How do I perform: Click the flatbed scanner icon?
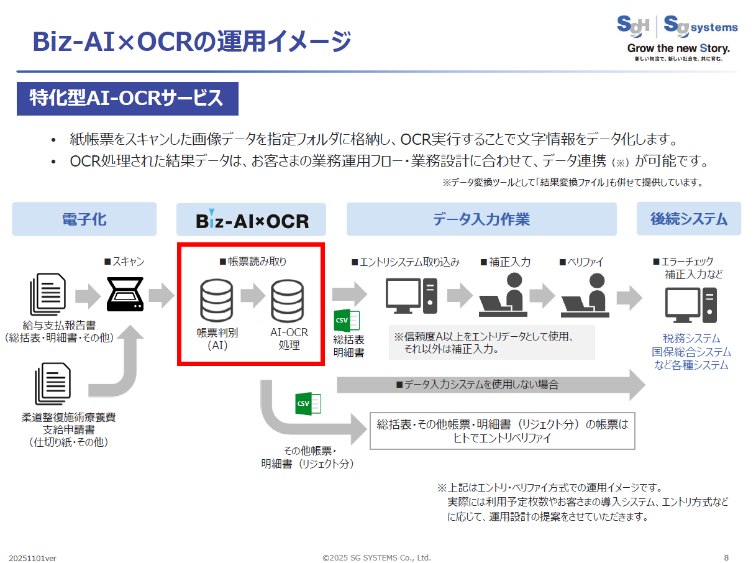point(126,295)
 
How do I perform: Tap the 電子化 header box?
point(84,219)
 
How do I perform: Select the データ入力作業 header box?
point(481,219)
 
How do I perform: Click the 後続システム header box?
point(688,219)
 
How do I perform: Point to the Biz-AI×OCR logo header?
point(252,220)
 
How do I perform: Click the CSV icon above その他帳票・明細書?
point(307,404)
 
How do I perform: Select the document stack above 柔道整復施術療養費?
point(53,383)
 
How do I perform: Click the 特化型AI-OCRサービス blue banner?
point(127,98)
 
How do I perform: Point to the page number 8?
point(726,557)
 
